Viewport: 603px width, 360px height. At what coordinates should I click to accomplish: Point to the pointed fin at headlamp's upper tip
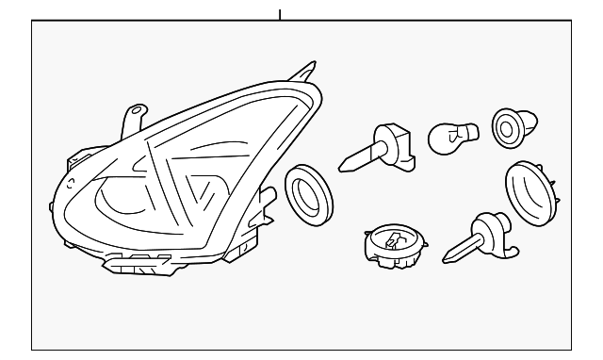point(306,72)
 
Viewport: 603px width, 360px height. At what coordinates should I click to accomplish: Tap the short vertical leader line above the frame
point(280,14)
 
